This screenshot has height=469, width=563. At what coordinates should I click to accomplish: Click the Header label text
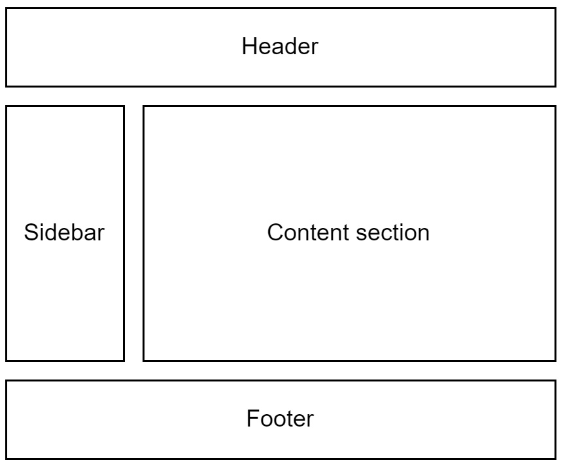[x=280, y=46]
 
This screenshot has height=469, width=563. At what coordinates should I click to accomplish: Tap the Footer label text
[x=280, y=418]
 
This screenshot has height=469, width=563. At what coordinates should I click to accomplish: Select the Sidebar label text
[x=64, y=233]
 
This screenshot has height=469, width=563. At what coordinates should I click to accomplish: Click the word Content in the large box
[x=307, y=233]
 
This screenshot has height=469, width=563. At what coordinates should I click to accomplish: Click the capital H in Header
[x=248, y=46]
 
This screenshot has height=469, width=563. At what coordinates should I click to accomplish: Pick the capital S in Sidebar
[x=30, y=233]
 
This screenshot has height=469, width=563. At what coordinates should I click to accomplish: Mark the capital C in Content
[x=274, y=233]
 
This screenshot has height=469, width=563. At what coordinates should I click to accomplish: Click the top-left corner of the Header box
[x=7, y=8]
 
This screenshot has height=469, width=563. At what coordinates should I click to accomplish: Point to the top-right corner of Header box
[x=555, y=8]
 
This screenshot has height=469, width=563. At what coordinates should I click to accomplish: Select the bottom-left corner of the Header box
[x=7, y=86]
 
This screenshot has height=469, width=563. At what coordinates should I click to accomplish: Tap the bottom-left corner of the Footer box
[x=7, y=458]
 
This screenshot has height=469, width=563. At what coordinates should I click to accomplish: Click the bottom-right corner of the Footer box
[x=555, y=458]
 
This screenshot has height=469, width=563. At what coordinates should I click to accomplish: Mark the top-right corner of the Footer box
[x=555, y=381]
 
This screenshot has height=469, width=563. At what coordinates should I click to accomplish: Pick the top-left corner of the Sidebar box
[x=7, y=106]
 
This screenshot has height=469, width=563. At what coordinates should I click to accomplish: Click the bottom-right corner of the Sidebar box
[x=124, y=360]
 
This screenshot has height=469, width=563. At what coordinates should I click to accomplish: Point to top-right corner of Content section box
[x=555, y=106]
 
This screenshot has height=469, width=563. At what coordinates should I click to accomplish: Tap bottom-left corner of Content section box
[x=144, y=360]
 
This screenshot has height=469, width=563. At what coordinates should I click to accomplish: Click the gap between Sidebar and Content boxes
[x=133, y=233]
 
